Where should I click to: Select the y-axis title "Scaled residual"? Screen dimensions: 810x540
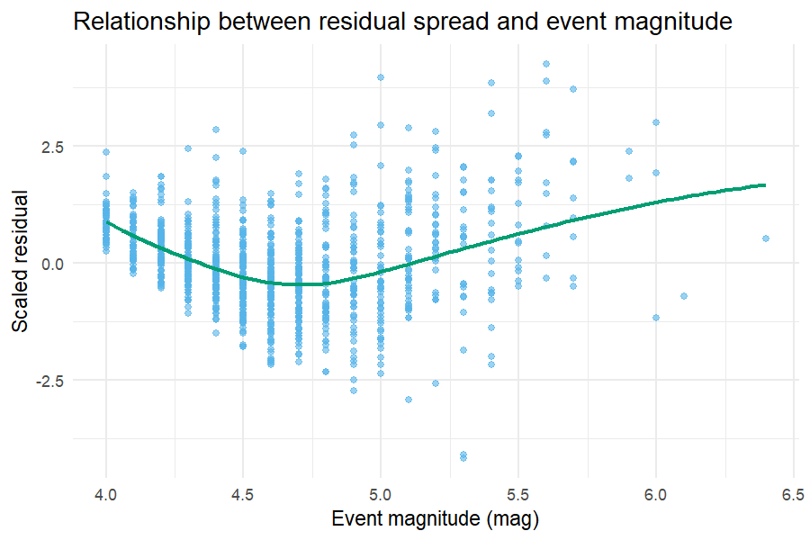20,261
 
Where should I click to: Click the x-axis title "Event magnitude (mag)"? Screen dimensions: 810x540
435,518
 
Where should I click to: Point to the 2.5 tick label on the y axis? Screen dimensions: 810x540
52,147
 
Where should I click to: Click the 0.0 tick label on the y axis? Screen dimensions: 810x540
52,264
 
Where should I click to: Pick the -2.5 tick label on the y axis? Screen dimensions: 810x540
49,382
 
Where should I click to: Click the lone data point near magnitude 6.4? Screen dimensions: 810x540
766,238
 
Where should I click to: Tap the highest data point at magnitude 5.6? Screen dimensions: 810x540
546,64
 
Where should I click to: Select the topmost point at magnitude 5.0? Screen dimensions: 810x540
381,77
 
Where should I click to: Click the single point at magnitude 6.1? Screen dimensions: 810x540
683,296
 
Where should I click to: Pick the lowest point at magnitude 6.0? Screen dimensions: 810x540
656,318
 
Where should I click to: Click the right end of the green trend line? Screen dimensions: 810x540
766,185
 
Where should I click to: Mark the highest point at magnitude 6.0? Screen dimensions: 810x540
656,122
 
